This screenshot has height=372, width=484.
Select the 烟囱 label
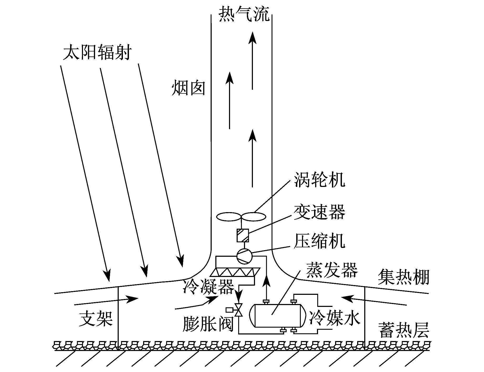(x=189, y=88)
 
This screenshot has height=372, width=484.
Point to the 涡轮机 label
(x=319, y=180)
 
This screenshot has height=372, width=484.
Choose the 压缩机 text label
(x=319, y=241)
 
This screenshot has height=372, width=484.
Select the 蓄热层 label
(x=404, y=330)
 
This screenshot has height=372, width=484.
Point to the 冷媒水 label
(x=334, y=318)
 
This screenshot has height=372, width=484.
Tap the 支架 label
(x=96, y=319)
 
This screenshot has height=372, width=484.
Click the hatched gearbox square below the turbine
(x=243, y=235)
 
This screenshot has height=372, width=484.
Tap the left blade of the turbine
(x=228, y=217)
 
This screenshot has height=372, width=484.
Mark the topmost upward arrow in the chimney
(x=252, y=60)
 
